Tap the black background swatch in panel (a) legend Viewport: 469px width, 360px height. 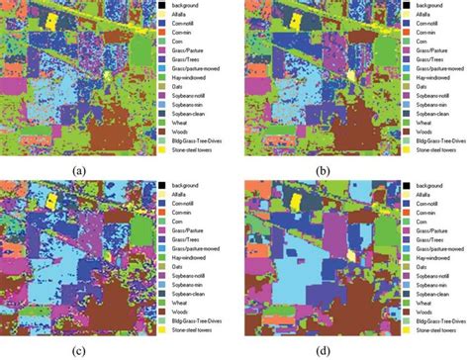(161, 7)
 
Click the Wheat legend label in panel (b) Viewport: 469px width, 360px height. (419, 118)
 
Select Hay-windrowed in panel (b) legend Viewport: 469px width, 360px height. (428, 72)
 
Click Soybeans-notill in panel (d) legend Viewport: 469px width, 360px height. (428, 277)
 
